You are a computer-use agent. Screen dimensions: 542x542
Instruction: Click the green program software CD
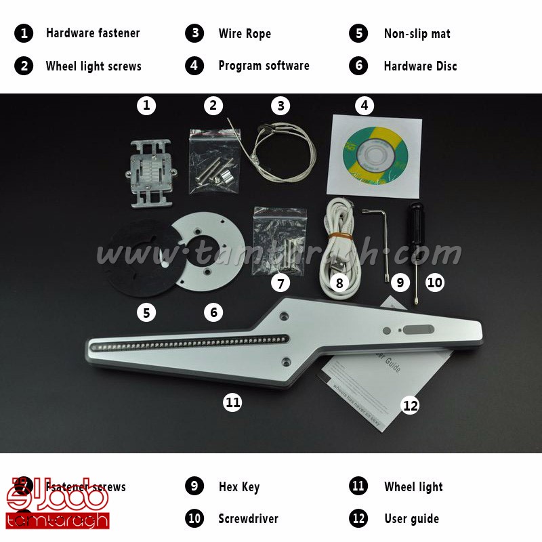click(375, 154)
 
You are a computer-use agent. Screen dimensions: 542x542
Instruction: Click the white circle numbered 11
click(232, 402)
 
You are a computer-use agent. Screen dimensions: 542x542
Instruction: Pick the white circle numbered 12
click(411, 405)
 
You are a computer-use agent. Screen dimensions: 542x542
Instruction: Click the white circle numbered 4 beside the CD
click(364, 105)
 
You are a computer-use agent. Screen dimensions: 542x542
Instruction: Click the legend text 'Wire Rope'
click(244, 33)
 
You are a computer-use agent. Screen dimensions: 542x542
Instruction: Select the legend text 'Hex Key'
click(238, 486)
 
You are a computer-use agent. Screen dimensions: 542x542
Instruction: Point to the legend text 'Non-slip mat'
click(417, 33)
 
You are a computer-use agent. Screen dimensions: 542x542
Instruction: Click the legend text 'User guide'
click(411, 519)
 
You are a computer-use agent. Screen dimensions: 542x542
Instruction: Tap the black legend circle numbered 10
click(194, 519)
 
